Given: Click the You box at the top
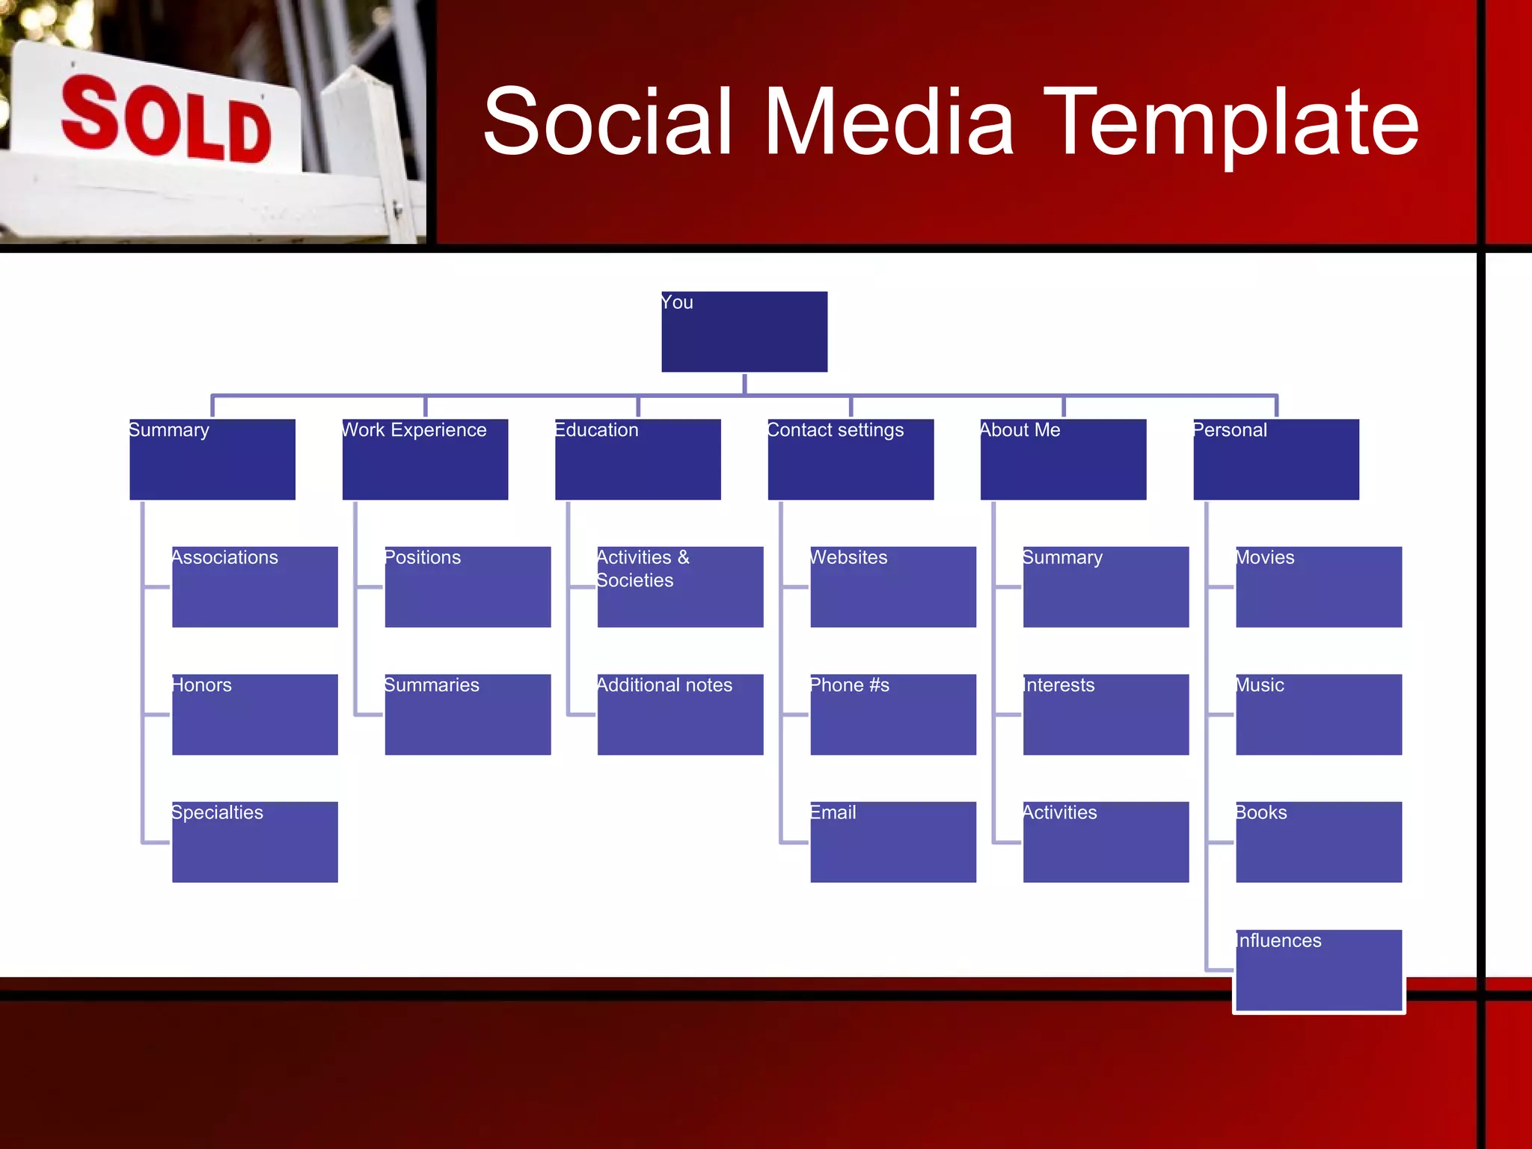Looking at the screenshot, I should pyautogui.click(x=744, y=331).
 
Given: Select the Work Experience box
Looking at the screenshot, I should pyautogui.click(x=425, y=459).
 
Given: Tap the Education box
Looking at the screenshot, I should pyautogui.click(x=637, y=459).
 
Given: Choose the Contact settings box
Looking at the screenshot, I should pyautogui.click(x=851, y=459).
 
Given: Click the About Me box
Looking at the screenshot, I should pyautogui.click(x=1063, y=459).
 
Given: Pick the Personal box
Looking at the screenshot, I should pyautogui.click(x=1275, y=459).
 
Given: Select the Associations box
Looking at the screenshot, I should pyautogui.click(x=254, y=586).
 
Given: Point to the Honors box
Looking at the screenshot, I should pyautogui.click(x=254, y=714).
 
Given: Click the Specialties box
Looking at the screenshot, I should pyautogui.click(x=254, y=842).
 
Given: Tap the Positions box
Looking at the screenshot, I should pyautogui.click(x=468, y=586).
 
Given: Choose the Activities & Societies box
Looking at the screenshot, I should pyautogui.click(x=680, y=586).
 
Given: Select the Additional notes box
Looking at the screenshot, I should pyautogui.click(x=680, y=714).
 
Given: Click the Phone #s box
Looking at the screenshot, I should pyautogui.click(x=893, y=714).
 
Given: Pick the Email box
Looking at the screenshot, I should pyautogui.click(x=893, y=842).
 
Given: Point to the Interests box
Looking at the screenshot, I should pyautogui.click(x=1106, y=714).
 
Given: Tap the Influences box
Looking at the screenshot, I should pyautogui.click(x=1318, y=970).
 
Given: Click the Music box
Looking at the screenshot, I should pyautogui.click(x=1318, y=714).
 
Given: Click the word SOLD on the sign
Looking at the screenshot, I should pyautogui.click(x=166, y=120).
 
